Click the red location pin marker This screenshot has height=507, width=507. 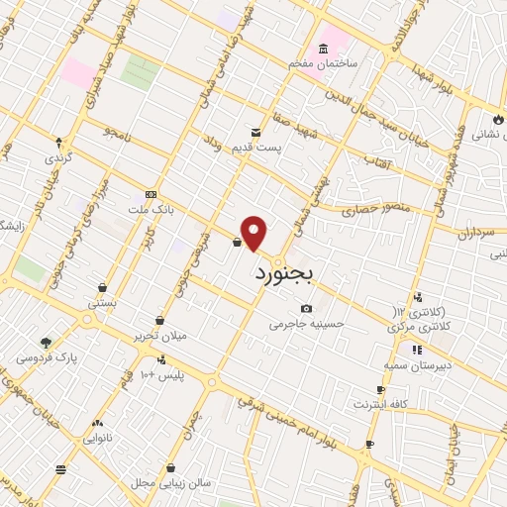click(254, 233)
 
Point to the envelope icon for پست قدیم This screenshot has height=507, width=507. click(255, 132)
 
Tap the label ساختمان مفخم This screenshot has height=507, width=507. click(321, 62)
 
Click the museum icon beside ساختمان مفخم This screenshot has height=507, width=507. click(323, 49)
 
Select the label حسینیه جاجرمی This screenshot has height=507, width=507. click(307, 323)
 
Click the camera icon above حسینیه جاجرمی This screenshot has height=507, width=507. click(305, 309)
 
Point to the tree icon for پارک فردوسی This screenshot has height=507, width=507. click(46, 342)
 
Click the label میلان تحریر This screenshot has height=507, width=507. click(161, 336)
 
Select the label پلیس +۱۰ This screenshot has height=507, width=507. click(161, 375)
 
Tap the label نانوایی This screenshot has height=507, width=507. click(98, 436)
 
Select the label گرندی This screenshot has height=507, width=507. click(56, 157)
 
